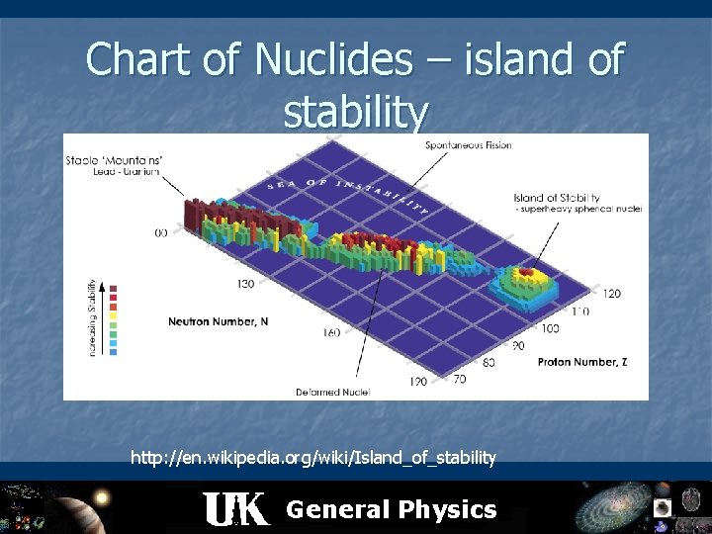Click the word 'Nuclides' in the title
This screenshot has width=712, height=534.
(x=331, y=60)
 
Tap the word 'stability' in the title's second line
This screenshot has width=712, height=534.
(x=356, y=112)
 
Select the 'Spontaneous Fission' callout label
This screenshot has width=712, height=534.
(x=468, y=145)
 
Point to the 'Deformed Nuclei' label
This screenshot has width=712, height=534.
(x=332, y=392)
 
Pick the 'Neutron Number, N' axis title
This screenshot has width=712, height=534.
(x=218, y=321)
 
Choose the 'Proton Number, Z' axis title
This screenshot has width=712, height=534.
(x=581, y=362)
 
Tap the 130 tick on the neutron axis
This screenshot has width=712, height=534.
(x=244, y=284)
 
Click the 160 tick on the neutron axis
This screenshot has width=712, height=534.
(x=330, y=332)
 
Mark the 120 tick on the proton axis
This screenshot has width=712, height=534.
(x=611, y=294)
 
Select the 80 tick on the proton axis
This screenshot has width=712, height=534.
(x=489, y=363)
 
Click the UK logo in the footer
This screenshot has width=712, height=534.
(x=235, y=509)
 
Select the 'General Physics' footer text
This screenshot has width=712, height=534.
(x=391, y=509)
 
